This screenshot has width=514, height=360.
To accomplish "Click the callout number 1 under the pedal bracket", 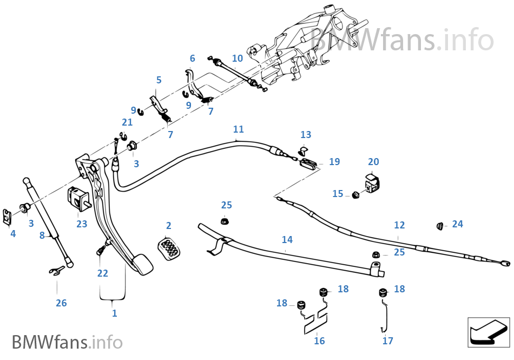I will pyautogui.click(x=114, y=313).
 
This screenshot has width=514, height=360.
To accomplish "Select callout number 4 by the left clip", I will pyautogui.click(x=13, y=234).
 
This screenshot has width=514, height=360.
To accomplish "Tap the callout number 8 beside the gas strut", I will pyautogui.click(x=42, y=235).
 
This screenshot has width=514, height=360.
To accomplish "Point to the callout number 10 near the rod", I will pyautogui.click(x=238, y=58).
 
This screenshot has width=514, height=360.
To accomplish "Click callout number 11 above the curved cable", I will pyautogui.click(x=239, y=129).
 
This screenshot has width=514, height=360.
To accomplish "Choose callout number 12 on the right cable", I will pyautogui.click(x=399, y=225).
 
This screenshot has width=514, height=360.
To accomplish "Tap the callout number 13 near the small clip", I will pyautogui.click(x=306, y=135).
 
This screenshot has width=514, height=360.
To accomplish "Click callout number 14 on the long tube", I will pyautogui.click(x=287, y=239).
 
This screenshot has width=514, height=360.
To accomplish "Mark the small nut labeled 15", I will pyautogui.click(x=356, y=194).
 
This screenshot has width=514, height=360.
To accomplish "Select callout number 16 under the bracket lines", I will pyautogui.click(x=319, y=341).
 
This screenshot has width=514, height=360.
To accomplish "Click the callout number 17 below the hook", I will pyautogui.click(x=387, y=341).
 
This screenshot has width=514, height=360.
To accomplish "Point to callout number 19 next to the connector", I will pyautogui.click(x=334, y=162).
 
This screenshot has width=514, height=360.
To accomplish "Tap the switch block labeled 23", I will pyautogui.click(x=77, y=198).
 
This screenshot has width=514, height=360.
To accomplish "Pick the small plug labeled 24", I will pyautogui.click(x=440, y=225).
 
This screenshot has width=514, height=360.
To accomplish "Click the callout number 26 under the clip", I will pyautogui.click(x=61, y=303).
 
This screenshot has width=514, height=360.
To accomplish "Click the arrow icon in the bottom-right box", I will pyautogui.click(x=488, y=332).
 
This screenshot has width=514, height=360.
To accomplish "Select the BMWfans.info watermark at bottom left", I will pyautogui.click(x=67, y=342).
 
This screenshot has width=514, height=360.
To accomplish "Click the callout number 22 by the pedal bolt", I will pyautogui.click(x=103, y=273).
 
